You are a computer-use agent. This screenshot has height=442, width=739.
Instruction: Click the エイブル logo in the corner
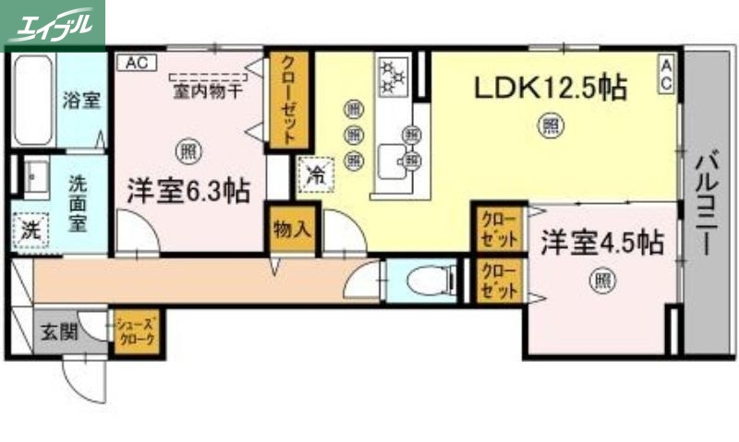53,23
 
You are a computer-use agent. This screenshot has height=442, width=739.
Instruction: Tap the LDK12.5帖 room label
551,89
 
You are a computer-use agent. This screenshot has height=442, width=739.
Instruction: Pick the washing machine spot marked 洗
30,230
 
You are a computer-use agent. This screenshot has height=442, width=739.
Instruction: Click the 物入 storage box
291,228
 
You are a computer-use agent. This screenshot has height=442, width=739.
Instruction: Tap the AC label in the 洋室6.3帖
136,63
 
